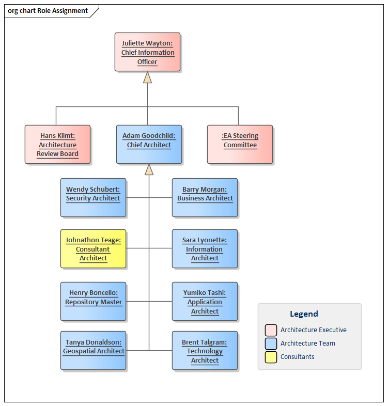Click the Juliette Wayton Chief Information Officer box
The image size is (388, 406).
(x=147, y=52)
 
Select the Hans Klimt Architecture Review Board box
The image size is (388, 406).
(x=57, y=145)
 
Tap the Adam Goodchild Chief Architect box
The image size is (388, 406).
(x=149, y=145)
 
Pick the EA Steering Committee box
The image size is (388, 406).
(x=240, y=145)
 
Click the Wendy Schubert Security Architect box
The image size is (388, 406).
(x=93, y=197)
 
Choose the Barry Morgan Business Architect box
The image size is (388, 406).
(x=205, y=197)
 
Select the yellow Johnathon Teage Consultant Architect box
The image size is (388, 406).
(x=93, y=249)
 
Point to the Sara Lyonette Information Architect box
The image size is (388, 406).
(x=205, y=249)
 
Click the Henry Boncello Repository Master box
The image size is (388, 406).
(x=93, y=301)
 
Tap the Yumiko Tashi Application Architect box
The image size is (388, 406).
(x=205, y=301)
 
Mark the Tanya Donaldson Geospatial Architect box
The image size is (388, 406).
(x=93, y=351)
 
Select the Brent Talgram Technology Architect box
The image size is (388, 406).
(x=205, y=351)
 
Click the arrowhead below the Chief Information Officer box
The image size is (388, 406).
(x=148, y=77)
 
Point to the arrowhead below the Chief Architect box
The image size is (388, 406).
(x=149, y=169)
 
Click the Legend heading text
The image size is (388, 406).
(x=304, y=314)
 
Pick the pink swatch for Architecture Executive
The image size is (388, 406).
(x=271, y=330)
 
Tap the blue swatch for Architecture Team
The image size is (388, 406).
(x=271, y=343)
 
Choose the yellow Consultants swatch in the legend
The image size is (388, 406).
(x=271, y=357)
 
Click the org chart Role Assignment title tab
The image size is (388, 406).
(x=48, y=11)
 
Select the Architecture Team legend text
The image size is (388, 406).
(x=308, y=343)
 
